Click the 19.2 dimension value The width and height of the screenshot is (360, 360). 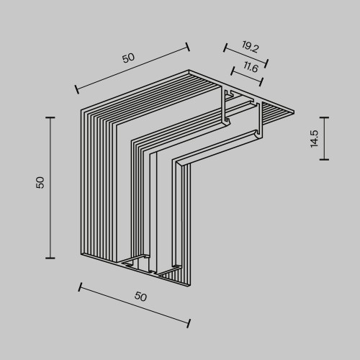(x=250, y=48)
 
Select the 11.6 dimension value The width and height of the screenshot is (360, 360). (x=251, y=67)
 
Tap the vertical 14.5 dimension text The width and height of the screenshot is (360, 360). (x=314, y=139)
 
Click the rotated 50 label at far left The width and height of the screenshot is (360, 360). (x=40, y=183)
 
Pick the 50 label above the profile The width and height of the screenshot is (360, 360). (x=128, y=58)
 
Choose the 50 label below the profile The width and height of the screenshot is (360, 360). (x=141, y=297)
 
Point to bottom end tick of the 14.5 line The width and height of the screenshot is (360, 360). (x=325, y=159)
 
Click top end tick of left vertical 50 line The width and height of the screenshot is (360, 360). (x=50, y=117)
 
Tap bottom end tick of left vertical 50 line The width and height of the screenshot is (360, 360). (x=50, y=257)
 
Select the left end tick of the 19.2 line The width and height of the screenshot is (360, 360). (x=225, y=49)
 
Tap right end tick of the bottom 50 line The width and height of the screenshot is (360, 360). (x=189, y=323)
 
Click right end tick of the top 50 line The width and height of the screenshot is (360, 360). (x=188, y=47)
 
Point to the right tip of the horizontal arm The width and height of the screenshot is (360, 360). (x=294, y=112)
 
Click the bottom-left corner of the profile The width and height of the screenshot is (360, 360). (x=81, y=254)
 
